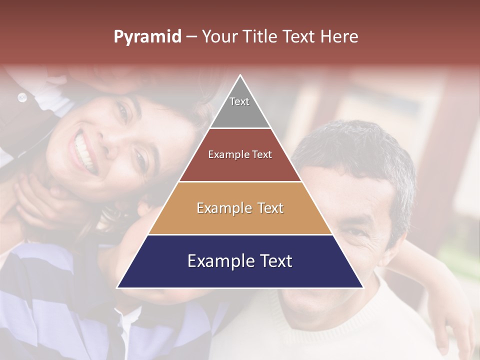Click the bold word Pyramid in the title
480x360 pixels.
point(147,36)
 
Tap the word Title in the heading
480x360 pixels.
point(262,36)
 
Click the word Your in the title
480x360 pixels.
point(219,36)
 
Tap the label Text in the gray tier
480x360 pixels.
point(239,101)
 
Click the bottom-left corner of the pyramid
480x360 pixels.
point(118,287)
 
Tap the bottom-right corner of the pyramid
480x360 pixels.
point(362,287)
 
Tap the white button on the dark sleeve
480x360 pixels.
point(22,97)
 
